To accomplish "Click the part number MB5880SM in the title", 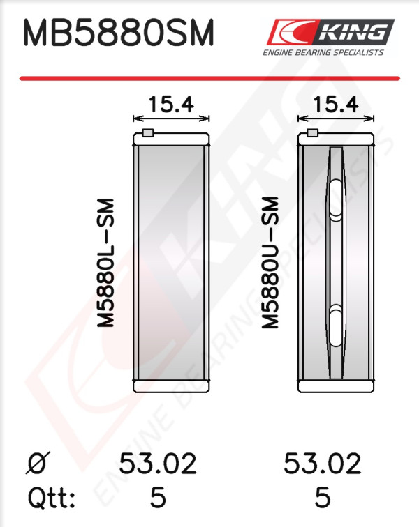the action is click(118, 33).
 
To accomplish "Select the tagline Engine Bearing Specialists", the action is click(323, 52).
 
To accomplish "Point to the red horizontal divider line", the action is click(209, 78).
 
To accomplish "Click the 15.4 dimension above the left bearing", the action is click(171, 104).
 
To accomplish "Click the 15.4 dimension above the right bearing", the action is click(336, 104).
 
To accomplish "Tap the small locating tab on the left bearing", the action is click(148, 132).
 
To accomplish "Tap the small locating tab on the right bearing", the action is click(313, 132).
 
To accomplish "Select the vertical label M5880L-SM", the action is click(106, 263).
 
